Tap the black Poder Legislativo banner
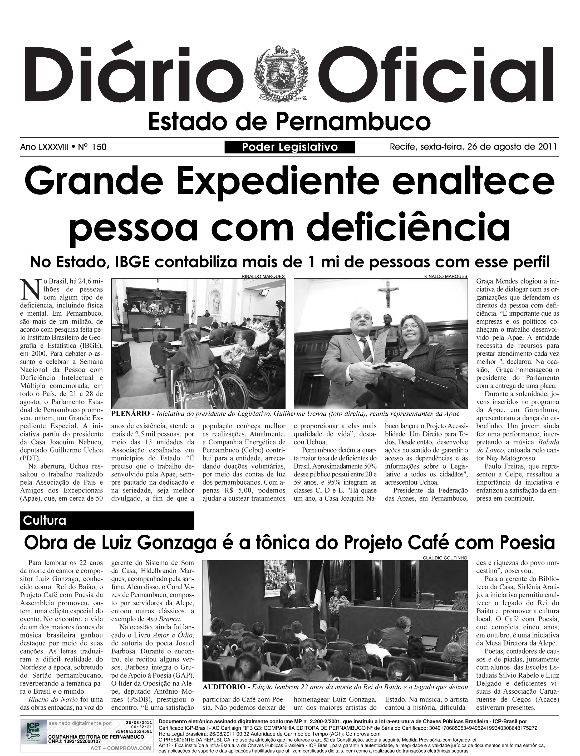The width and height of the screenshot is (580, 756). tap(290, 147)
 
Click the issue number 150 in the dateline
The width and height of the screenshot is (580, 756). tap(99, 147)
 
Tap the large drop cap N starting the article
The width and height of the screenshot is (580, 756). tap(30, 289)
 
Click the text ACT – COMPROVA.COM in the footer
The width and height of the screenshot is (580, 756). tap(121, 748)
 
